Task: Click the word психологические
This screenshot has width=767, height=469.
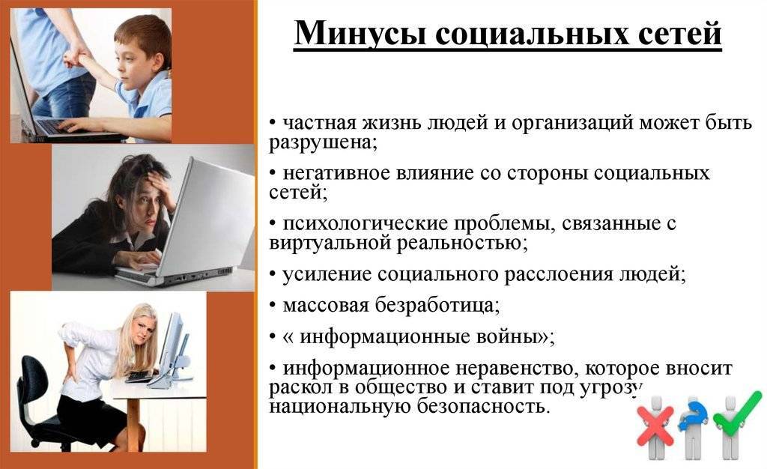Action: click(365, 223)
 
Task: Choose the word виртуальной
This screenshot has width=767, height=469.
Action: click(329, 243)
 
